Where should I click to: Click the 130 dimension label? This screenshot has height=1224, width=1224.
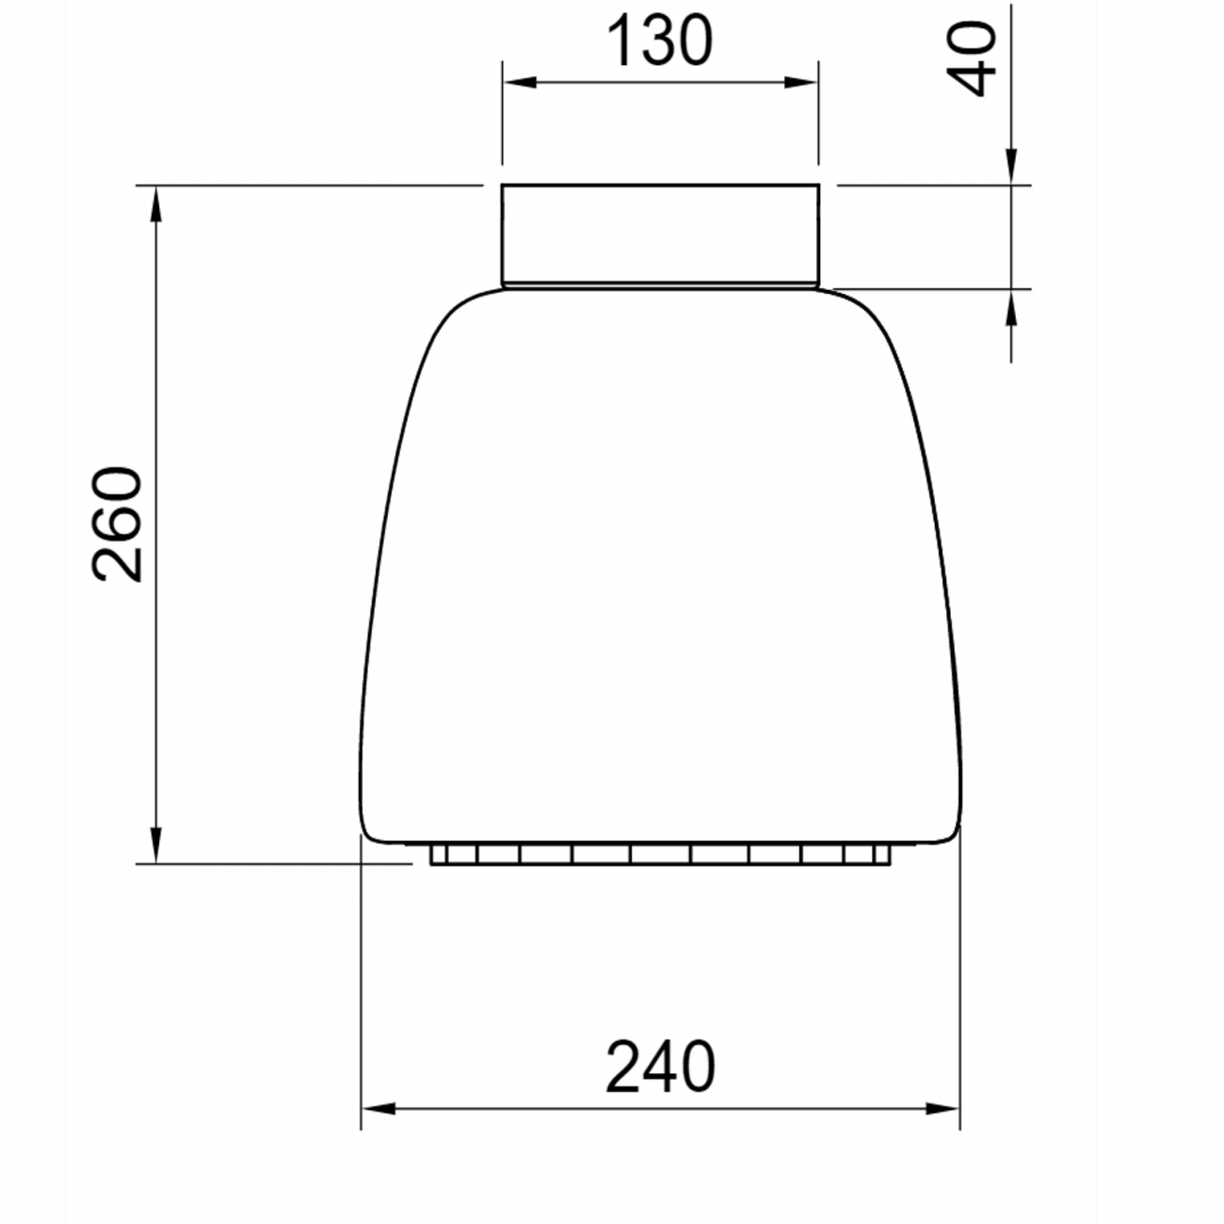(x=660, y=40)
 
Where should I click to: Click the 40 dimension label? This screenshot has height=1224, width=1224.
(x=971, y=59)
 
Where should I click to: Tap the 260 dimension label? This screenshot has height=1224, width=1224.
(x=117, y=524)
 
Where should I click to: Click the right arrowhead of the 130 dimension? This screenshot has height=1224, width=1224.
(x=800, y=83)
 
